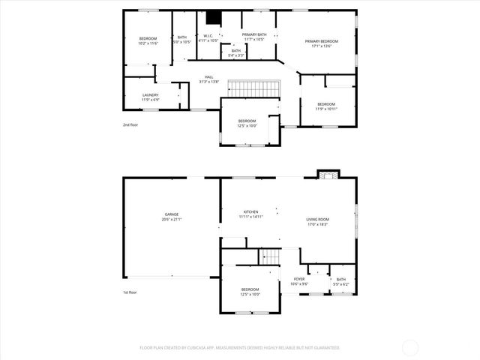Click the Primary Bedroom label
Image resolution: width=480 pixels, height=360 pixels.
coord(321,43)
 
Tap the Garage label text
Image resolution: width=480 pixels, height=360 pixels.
coord(172,217)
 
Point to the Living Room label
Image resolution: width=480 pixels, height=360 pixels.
coord(317,222)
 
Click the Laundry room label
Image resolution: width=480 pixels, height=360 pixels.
coord(150,97)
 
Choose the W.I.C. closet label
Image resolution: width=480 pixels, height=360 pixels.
coord(208,37)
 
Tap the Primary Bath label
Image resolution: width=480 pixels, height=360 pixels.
coord(253,37)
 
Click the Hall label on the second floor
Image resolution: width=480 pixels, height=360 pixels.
coord(210,79)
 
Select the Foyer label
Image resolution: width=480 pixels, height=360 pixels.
coord(299,281)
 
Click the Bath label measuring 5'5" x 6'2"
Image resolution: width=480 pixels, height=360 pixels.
coord(341,282)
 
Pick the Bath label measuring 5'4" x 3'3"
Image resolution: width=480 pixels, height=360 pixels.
coord(236,52)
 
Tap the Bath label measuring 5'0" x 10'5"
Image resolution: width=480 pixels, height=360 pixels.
coord(182,40)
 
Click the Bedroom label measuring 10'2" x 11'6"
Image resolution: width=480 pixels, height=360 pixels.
coord(148,40)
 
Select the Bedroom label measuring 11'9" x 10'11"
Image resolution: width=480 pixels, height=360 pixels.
coord(326,106)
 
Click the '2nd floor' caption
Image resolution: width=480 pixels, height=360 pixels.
coord(130,124)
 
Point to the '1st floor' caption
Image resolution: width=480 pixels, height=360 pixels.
coord(130,292)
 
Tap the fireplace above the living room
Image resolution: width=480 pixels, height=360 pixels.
coord(324,175)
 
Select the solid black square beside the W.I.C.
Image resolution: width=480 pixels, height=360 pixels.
coord(213,18)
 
